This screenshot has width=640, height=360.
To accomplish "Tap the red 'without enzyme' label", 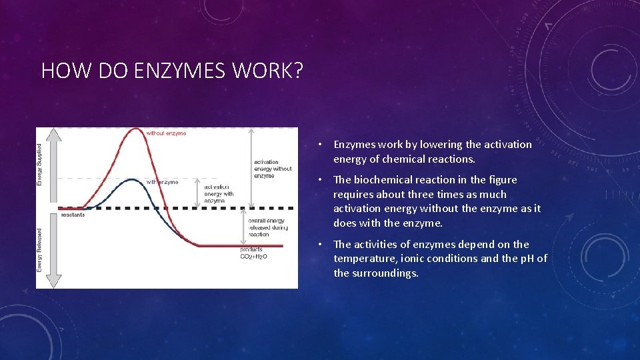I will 166,133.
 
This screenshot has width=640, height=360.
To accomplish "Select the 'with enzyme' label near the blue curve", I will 162,182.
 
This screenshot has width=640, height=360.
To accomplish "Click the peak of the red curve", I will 153,130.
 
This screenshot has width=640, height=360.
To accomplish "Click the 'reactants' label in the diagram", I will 73,215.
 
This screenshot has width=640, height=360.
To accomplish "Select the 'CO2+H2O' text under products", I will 254,257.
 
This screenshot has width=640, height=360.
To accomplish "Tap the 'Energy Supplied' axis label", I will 39,165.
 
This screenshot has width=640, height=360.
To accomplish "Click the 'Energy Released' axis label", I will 39,249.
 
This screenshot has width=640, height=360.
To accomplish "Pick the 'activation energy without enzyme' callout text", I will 273,169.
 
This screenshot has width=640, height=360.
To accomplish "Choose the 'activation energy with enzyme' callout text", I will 219,194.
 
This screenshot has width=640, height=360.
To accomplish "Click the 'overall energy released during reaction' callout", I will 267,227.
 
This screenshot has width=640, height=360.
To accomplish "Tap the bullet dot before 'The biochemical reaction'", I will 321,180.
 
